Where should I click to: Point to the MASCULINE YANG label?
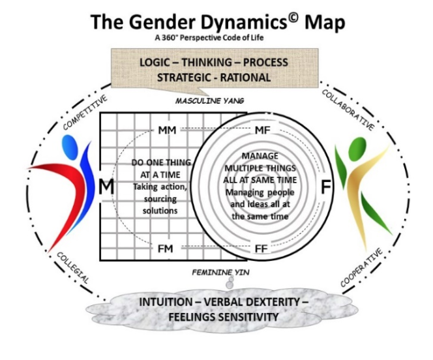209,102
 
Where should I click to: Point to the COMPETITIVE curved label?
85,112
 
